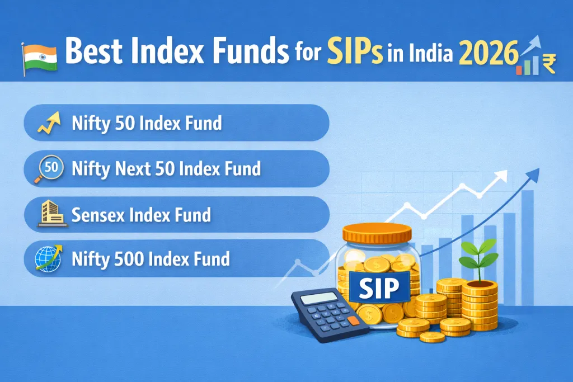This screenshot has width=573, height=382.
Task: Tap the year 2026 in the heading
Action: pyautogui.click(x=489, y=53)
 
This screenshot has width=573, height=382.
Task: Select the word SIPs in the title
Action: pyautogui.click(x=355, y=51)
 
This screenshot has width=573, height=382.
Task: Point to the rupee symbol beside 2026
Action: pyautogui.click(x=549, y=64)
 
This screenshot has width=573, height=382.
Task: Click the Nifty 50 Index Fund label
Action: pyautogui.click(x=147, y=123)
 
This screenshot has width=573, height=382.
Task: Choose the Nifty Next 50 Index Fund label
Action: pyautogui.click(x=166, y=169)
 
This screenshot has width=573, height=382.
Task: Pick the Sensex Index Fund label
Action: pyautogui.click(x=141, y=215)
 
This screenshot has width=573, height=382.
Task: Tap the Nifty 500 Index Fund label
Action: pyautogui.click(x=151, y=259)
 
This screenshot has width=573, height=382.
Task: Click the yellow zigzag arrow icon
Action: pyautogui.click(x=49, y=122)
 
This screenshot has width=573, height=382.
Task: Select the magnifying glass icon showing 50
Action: pyautogui.click(x=49, y=169)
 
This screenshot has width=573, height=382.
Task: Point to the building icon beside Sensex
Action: pyautogui.click(x=53, y=213)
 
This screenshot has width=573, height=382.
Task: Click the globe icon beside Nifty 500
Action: pyautogui.click(x=49, y=258)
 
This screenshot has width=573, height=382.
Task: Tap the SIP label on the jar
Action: pyautogui.click(x=379, y=287)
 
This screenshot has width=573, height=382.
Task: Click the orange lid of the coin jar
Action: pyautogui.click(x=377, y=233)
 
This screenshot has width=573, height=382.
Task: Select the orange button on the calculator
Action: pyautogui.click(x=353, y=320)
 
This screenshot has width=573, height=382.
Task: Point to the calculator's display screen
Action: pyautogui.click(x=319, y=298)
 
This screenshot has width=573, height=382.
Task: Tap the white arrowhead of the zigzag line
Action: pyautogui.click(x=501, y=176)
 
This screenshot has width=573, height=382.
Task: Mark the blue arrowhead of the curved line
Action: pyautogui.click(x=533, y=175)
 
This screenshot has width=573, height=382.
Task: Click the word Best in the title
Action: pyautogui.click(x=93, y=51)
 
